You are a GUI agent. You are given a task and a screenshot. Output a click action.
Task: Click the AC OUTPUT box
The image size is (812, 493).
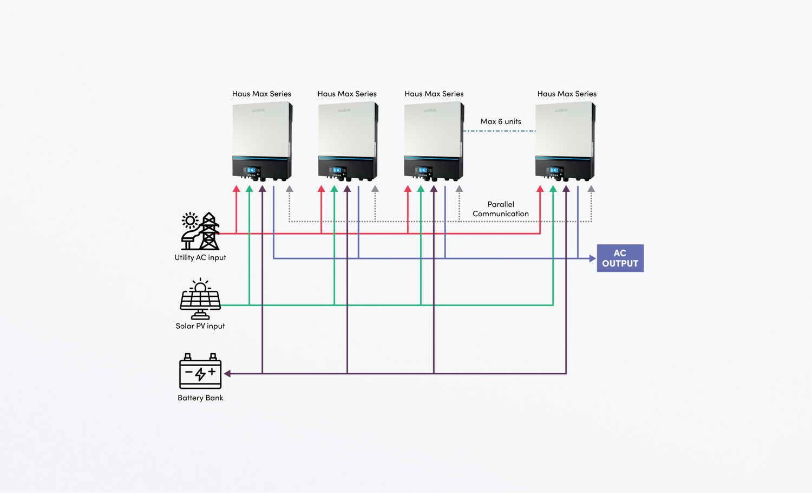point(620,258)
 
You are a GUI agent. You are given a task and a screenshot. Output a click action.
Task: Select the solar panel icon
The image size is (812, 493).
point(200,299)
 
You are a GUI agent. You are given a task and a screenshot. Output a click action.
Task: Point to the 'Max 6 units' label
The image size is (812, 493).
point(501,121)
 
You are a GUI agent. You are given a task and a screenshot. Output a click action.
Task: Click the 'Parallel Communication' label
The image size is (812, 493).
point(501,209)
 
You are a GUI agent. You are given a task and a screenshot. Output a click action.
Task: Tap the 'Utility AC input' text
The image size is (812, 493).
point(200,258)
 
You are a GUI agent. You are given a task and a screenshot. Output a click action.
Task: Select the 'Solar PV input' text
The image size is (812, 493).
point(200,326)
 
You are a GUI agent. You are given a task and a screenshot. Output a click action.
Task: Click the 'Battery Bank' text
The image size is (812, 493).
point(200,398)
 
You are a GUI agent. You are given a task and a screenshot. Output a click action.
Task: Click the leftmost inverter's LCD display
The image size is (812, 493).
point(252,170)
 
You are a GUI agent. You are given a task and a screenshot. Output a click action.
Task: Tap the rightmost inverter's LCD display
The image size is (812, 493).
point(554,170)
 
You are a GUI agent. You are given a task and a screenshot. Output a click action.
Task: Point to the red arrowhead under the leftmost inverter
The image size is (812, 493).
point(236,189)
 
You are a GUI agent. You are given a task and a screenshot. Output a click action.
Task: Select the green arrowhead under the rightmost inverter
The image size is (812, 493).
point(553,189)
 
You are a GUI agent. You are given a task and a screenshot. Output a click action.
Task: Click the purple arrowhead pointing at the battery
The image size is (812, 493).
point(227,373)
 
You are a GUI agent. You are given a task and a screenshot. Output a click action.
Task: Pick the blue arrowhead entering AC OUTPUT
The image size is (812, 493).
point(592,258)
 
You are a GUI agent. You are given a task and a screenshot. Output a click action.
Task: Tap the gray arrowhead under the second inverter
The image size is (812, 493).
point(375,189)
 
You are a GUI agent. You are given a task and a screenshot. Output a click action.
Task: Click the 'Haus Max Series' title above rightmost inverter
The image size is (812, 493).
point(567,94)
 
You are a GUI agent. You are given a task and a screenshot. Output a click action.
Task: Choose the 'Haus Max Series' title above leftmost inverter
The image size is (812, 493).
point(261,94)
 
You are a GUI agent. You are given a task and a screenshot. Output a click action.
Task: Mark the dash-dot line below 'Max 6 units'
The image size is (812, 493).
point(499,131)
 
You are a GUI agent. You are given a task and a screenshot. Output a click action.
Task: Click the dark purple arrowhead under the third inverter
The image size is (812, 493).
point(434,189)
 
